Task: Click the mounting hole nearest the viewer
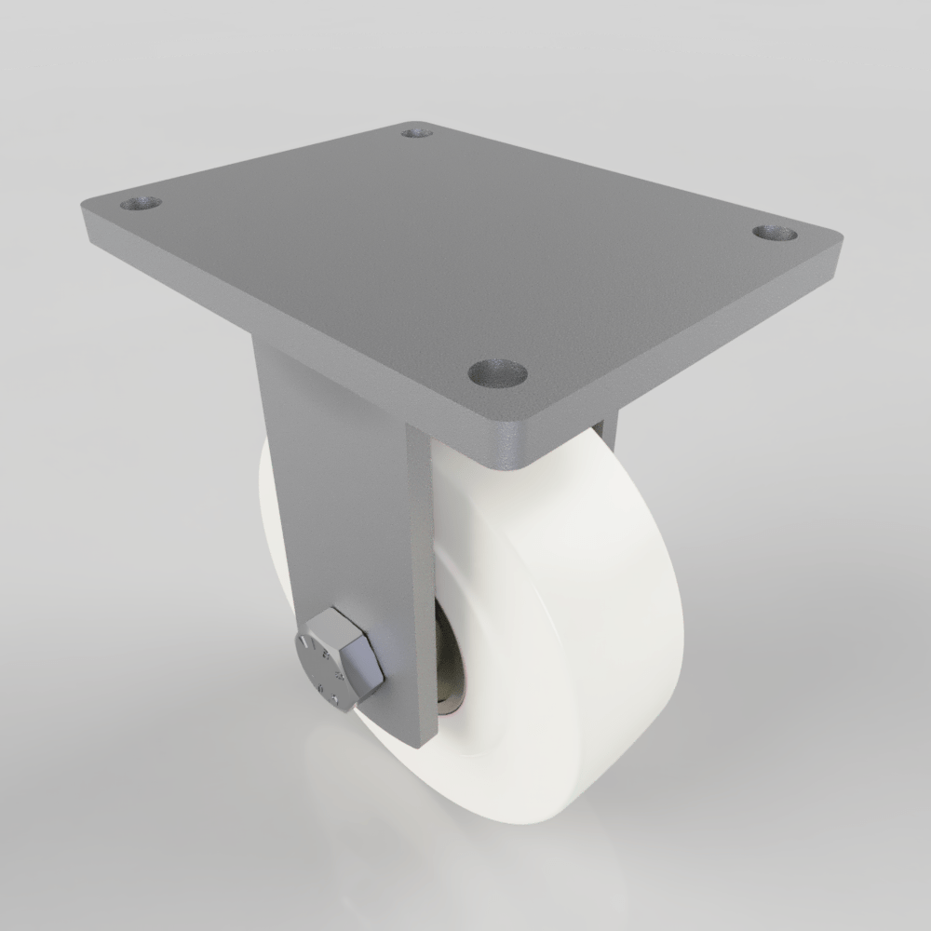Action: (497, 374)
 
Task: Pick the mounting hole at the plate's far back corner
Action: (417, 133)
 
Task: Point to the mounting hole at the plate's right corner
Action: (775, 233)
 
